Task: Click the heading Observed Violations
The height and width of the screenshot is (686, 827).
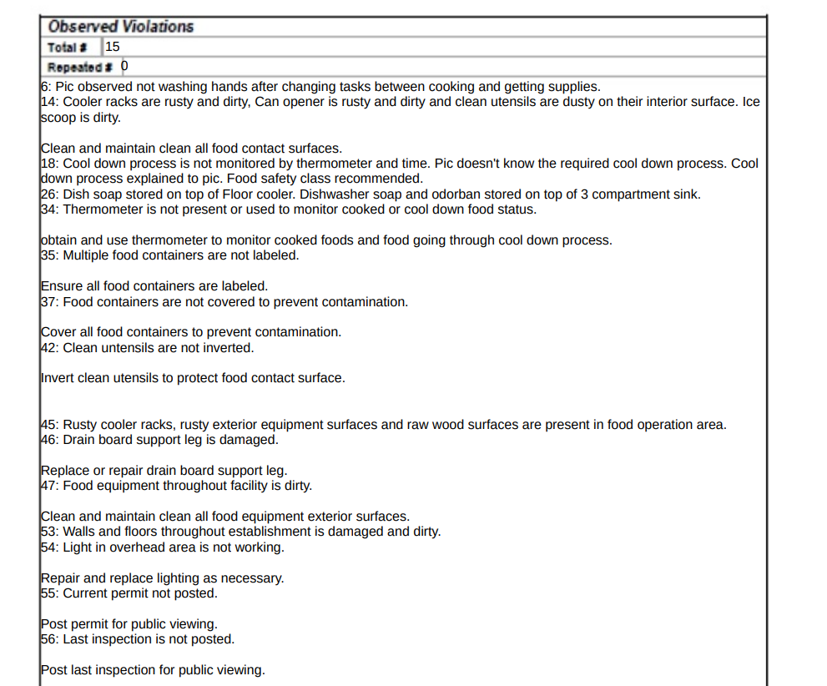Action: click(120, 26)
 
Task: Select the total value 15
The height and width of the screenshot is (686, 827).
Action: click(113, 46)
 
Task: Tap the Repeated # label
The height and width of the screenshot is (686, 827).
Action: click(80, 67)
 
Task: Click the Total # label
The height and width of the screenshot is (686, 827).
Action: click(68, 48)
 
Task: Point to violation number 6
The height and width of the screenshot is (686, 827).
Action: click(44, 86)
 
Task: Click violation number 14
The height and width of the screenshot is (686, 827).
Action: click(48, 102)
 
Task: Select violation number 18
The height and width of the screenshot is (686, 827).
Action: click(48, 164)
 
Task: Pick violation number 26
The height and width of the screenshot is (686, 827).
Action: click(48, 194)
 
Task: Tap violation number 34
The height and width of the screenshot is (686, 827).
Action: click(48, 209)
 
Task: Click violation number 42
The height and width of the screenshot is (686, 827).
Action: click(48, 347)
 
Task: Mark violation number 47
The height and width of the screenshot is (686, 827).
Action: click(48, 486)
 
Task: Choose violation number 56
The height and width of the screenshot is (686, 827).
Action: click(48, 639)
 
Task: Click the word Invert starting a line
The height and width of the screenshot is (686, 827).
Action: click(57, 378)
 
